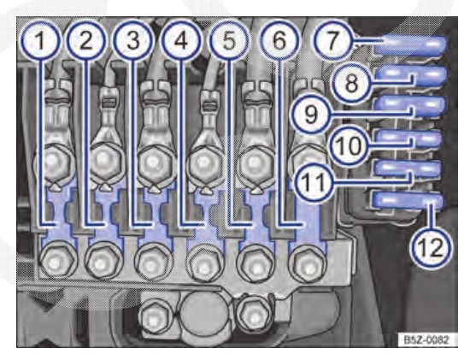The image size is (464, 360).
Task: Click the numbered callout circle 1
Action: pyautogui.click(x=40, y=41)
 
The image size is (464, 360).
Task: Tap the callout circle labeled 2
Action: pyautogui.click(x=86, y=41)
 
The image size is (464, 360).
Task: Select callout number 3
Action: pyautogui.click(x=133, y=41)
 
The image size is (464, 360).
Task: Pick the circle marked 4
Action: pyautogui.click(x=181, y=41)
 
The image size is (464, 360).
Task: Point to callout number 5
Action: pyautogui.click(x=229, y=41)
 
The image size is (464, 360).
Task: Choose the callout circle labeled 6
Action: pyautogui.click(x=279, y=41)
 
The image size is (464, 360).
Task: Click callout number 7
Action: pyautogui.click(x=332, y=40)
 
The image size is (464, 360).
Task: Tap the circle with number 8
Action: pyautogui.click(x=351, y=83)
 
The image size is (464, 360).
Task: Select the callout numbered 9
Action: pyautogui.click(x=311, y=114)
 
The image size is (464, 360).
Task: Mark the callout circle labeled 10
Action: pyautogui.click(x=349, y=145)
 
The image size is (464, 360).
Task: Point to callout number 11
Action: pyautogui.click(x=314, y=181)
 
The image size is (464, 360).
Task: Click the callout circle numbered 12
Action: pyautogui.click(x=432, y=247)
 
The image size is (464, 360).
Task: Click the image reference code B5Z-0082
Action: pyautogui.click(x=426, y=339)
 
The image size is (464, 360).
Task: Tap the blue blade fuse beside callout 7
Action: pyautogui.click(x=410, y=45)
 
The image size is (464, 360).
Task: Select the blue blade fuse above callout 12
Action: pyautogui.click(x=408, y=201)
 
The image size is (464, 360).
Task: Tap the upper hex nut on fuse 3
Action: pyautogui.click(x=153, y=162)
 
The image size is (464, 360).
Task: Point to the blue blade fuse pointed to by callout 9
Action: pyautogui.click(x=410, y=106)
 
